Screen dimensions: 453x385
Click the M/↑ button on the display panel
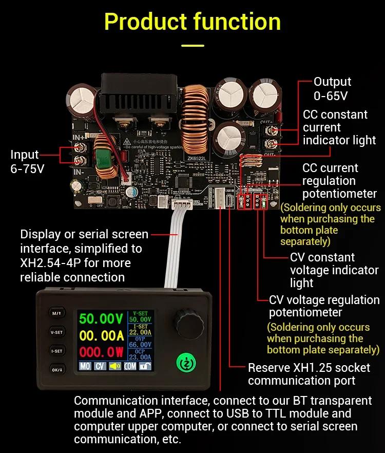pyautogui.click(x=56, y=313)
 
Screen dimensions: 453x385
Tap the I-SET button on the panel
pyautogui.click(x=56, y=351)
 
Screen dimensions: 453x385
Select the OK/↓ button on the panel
pyautogui.click(x=56, y=370)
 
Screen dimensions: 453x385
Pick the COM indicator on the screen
pyautogui.click(x=130, y=367)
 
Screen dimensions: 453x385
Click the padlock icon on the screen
pyautogui.click(x=146, y=367)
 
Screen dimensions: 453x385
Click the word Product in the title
pyautogui.click(x=145, y=22)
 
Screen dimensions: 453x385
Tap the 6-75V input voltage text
pyautogui.click(x=27, y=168)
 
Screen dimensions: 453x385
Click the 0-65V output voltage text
pyautogui.click(x=331, y=96)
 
